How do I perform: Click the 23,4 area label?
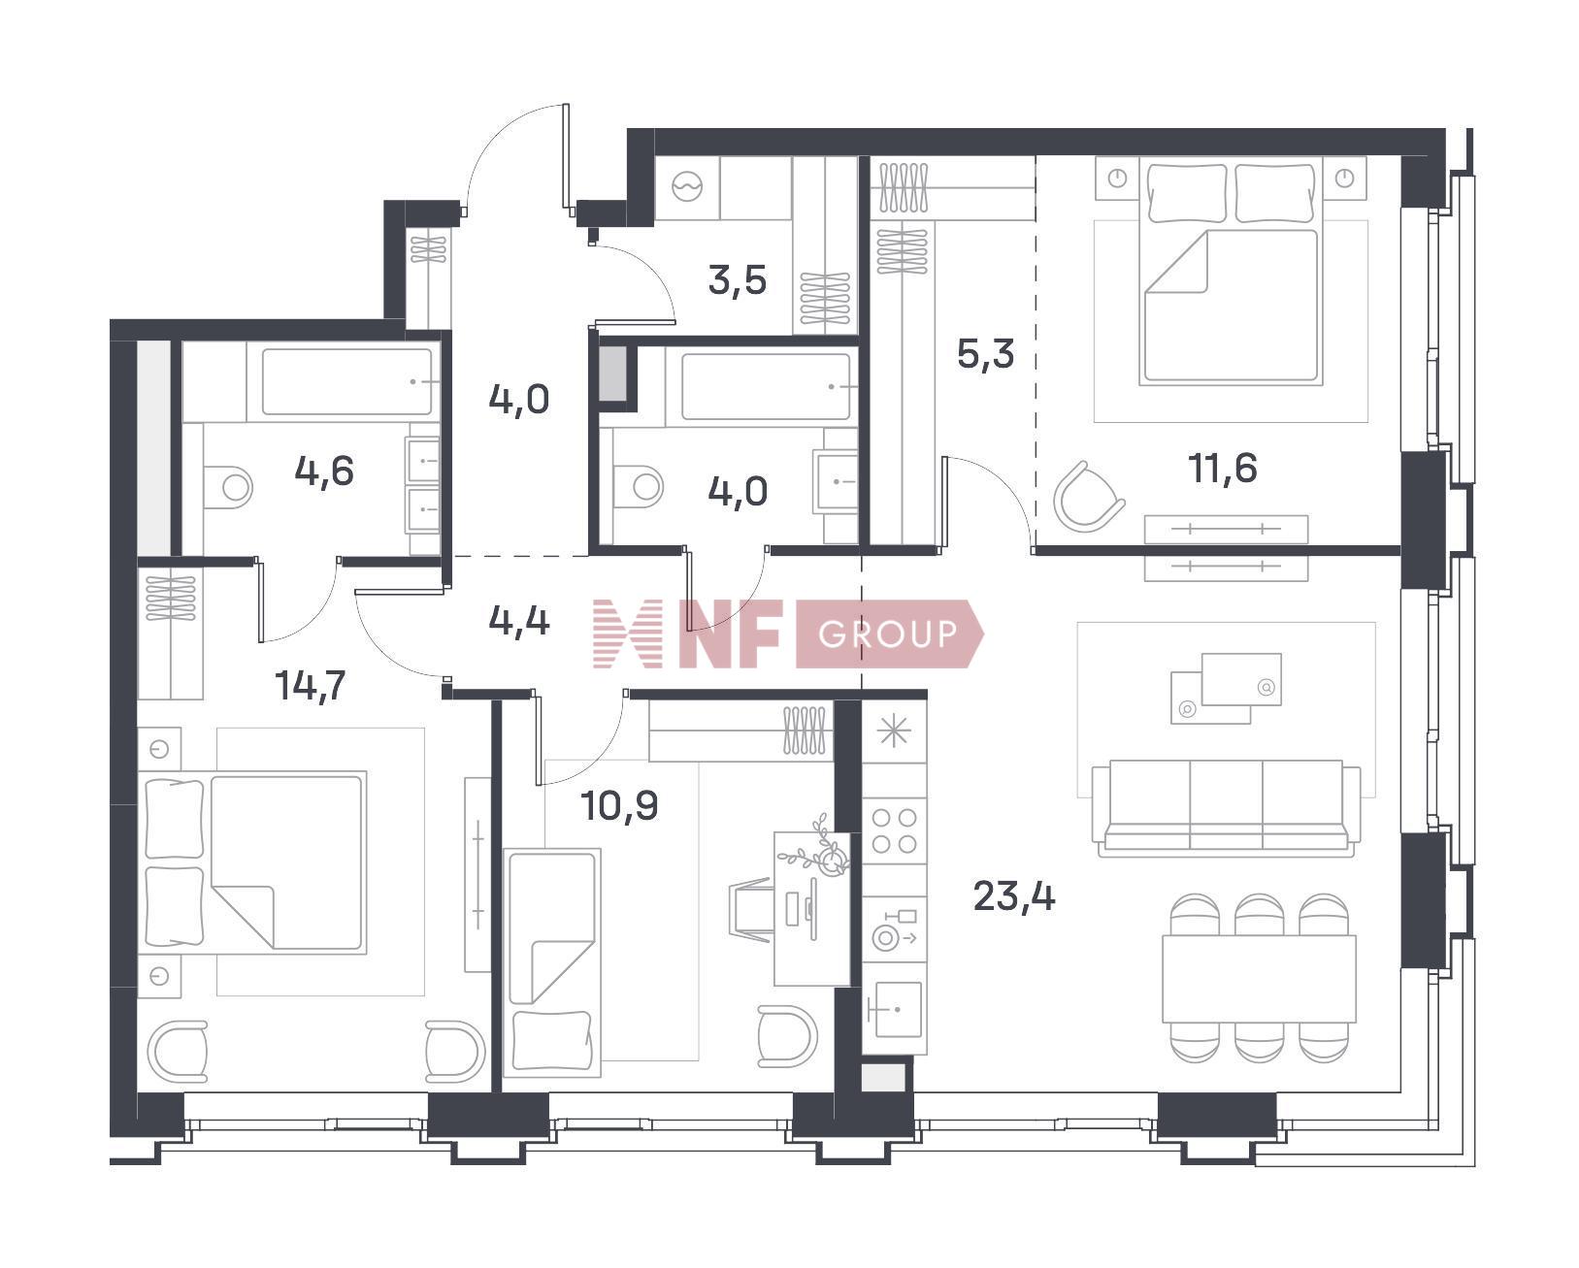1013,896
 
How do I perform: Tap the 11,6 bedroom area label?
1222,468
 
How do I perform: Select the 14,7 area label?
310,686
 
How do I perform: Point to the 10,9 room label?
618,806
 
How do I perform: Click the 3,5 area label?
737,280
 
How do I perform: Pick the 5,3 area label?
985,353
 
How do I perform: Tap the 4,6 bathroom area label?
323,471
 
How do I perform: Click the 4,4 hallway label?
519,621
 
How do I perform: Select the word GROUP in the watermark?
887,634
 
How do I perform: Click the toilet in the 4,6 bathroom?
229,486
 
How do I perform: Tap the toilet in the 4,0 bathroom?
640,485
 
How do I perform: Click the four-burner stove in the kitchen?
894,831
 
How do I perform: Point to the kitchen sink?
894,1009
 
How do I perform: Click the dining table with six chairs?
1259,978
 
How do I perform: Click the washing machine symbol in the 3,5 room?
687,187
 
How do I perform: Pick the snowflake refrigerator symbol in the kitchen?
894,732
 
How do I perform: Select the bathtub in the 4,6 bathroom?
347,381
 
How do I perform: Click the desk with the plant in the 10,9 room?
811,908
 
